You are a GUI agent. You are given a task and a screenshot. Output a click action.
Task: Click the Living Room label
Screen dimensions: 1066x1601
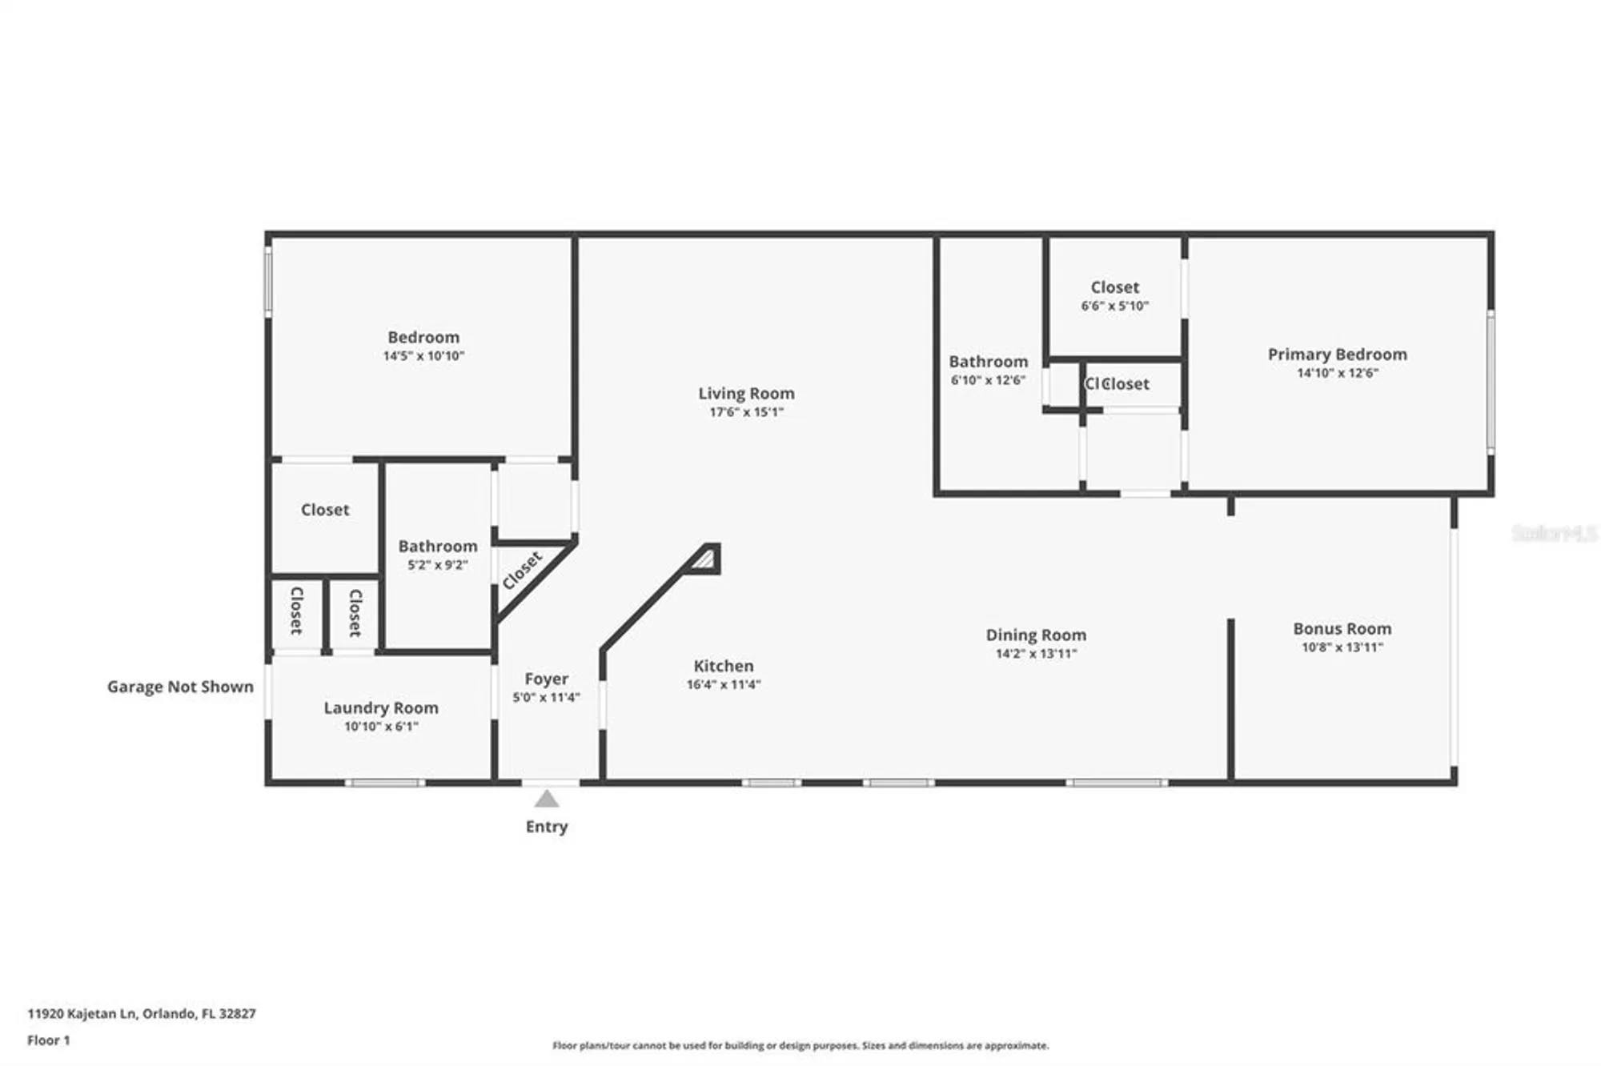coord(746,393)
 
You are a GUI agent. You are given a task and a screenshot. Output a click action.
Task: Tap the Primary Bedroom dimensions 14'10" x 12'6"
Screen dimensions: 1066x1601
coord(1337,373)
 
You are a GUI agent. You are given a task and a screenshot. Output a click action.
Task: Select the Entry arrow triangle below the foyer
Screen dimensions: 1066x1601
coord(547,799)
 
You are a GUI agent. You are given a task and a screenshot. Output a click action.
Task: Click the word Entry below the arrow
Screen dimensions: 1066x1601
coord(547,827)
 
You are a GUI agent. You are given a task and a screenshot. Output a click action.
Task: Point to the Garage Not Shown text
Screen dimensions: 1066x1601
coord(180,687)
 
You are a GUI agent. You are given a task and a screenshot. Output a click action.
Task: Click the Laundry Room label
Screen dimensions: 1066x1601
coord(381,707)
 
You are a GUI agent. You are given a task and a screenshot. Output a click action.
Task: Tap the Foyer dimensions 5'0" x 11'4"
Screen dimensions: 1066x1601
coord(546,697)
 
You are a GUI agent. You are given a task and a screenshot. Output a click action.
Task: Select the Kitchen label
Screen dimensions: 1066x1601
coord(723,666)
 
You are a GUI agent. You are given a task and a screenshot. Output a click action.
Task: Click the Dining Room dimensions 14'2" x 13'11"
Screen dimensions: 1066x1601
coord(1036,654)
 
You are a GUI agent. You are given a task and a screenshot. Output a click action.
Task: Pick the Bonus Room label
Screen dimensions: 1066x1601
coord(1342,629)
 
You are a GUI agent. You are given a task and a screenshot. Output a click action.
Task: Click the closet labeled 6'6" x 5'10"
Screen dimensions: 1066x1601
coord(1114,295)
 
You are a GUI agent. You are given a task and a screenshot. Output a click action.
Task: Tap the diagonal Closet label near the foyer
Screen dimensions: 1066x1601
coord(522,570)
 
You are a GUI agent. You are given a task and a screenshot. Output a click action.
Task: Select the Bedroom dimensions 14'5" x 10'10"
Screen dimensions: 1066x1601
coord(423,356)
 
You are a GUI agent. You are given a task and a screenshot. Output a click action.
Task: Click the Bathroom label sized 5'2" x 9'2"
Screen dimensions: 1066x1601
coord(438,546)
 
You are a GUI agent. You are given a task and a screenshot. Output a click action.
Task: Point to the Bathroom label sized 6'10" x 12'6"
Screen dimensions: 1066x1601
coord(988,362)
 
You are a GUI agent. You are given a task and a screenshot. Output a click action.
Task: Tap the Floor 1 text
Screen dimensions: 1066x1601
coord(48,1040)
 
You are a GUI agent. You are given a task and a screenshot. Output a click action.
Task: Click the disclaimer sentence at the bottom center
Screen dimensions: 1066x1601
coord(800,1045)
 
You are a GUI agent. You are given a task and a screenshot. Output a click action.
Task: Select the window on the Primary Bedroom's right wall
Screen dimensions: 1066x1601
coord(1491,382)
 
